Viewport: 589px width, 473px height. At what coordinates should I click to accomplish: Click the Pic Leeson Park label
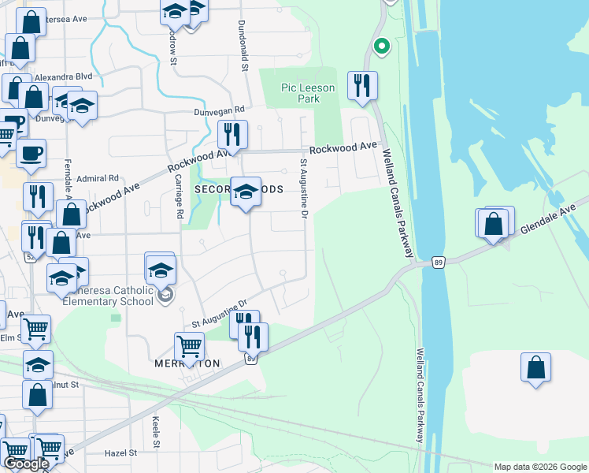308,93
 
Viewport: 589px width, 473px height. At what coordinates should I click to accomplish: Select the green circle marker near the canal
381,47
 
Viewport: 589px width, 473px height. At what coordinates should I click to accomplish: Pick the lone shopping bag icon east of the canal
535,367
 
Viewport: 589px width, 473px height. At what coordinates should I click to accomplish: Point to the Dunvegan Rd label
220,111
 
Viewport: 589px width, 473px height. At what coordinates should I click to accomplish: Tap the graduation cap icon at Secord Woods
246,192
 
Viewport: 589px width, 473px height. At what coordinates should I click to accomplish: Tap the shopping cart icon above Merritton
190,345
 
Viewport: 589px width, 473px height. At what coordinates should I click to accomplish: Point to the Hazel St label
121,453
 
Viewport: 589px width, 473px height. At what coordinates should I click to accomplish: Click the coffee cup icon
31,153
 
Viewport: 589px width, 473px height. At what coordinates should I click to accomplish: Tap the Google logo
25,464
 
